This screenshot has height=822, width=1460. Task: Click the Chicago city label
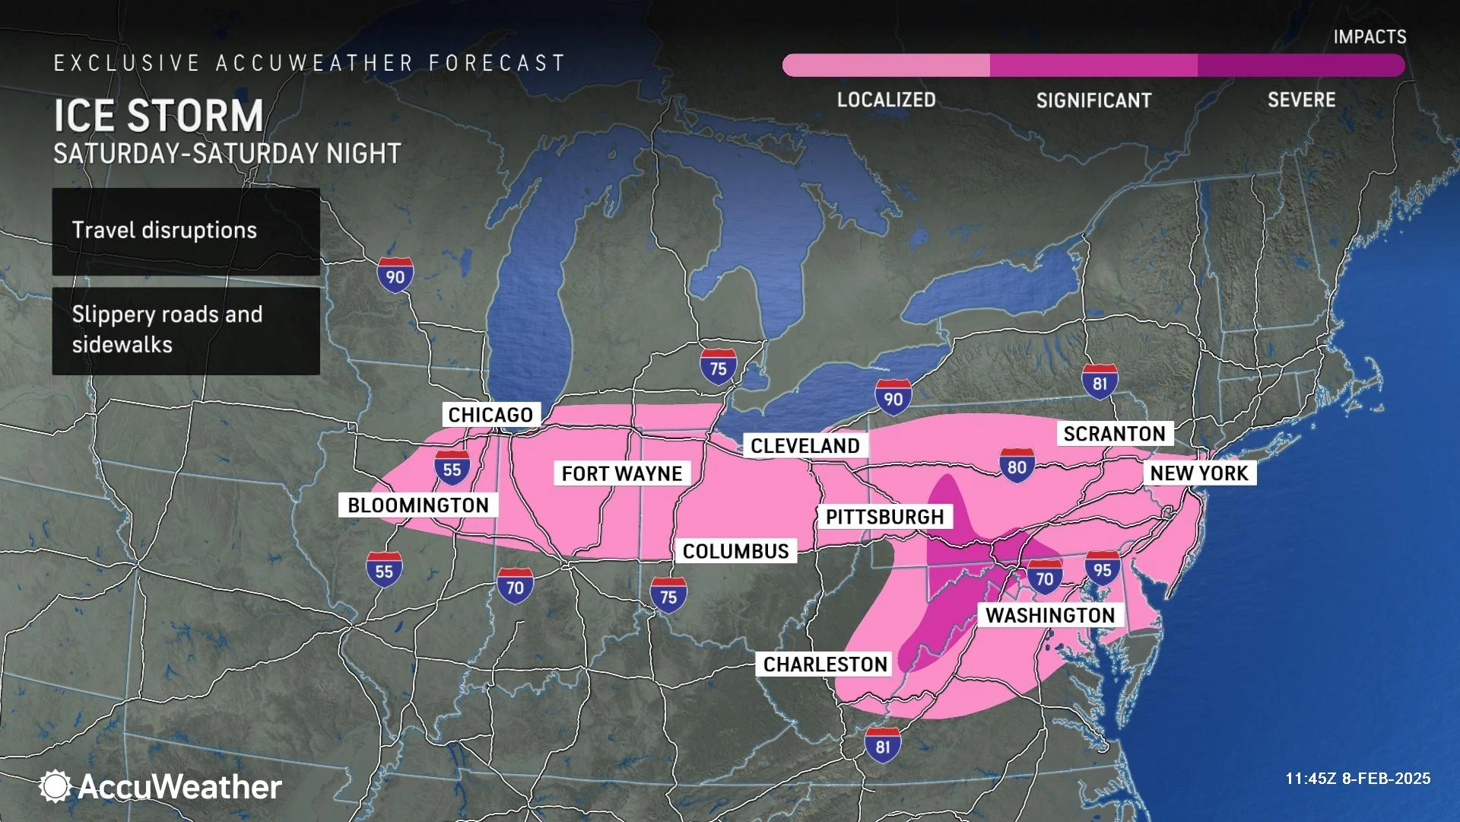pyautogui.click(x=490, y=415)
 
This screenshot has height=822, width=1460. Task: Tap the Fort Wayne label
pyautogui.click(x=621, y=473)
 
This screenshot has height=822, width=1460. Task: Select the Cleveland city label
pyautogui.click(x=805, y=446)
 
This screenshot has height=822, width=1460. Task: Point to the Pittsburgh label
pyautogui.click(x=884, y=517)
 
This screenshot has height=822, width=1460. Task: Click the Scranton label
pyautogui.click(x=1114, y=434)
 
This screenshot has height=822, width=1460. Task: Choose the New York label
pyautogui.click(x=1198, y=473)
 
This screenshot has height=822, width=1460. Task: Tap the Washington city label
pyautogui.click(x=1050, y=615)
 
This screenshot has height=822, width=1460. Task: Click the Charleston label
pyautogui.click(x=825, y=664)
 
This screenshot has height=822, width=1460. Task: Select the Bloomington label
pyautogui.click(x=417, y=505)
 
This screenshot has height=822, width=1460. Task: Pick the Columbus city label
pyautogui.click(x=735, y=551)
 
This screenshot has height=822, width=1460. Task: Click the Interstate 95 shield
pyautogui.click(x=1103, y=569)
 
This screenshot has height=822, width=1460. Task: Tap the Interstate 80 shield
pyautogui.click(x=1017, y=466)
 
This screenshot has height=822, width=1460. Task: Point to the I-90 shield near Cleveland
pyautogui.click(x=893, y=397)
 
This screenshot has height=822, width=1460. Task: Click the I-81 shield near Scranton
pyautogui.click(x=1100, y=382)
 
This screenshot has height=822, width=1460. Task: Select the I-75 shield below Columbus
pyautogui.click(x=668, y=595)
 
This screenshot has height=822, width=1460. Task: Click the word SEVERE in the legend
pyautogui.click(x=1301, y=100)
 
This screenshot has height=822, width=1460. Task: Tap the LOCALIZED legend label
pyautogui.click(x=886, y=100)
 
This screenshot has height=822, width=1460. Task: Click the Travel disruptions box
pyautogui.click(x=186, y=231)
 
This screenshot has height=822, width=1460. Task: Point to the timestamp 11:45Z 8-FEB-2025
pyautogui.click(x=1357, y=779)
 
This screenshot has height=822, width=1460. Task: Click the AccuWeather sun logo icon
pyautogui.click(x=55, y=785)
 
